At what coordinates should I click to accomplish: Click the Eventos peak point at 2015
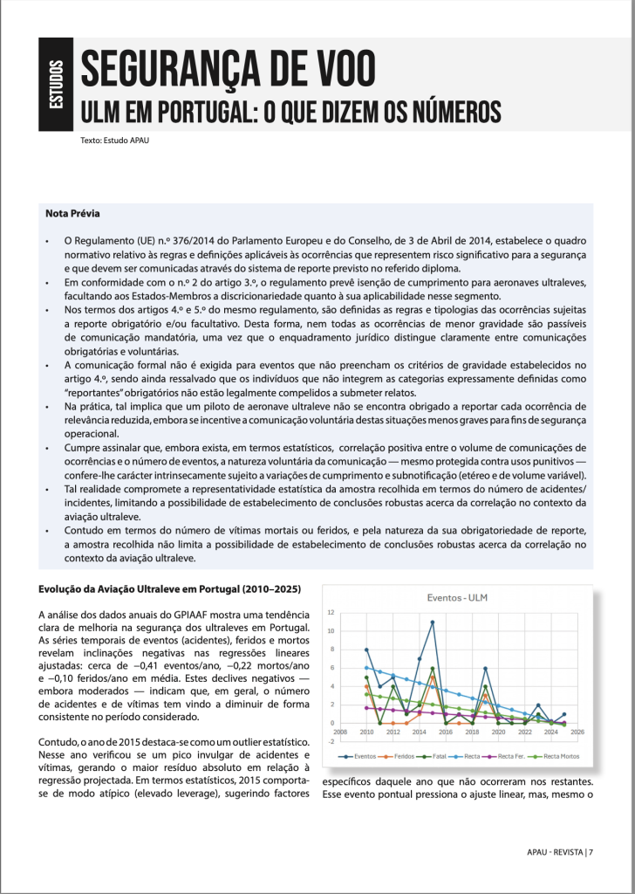click(433, 622)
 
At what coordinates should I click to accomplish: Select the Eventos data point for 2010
click(366, 650)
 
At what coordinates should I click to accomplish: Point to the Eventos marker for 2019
click(486, 668)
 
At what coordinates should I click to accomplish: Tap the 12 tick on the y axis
click(331, 613)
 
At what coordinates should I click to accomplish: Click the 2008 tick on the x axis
click(340, 732)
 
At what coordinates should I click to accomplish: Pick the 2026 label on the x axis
click(578, 732)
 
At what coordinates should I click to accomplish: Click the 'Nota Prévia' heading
click(72, 213)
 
